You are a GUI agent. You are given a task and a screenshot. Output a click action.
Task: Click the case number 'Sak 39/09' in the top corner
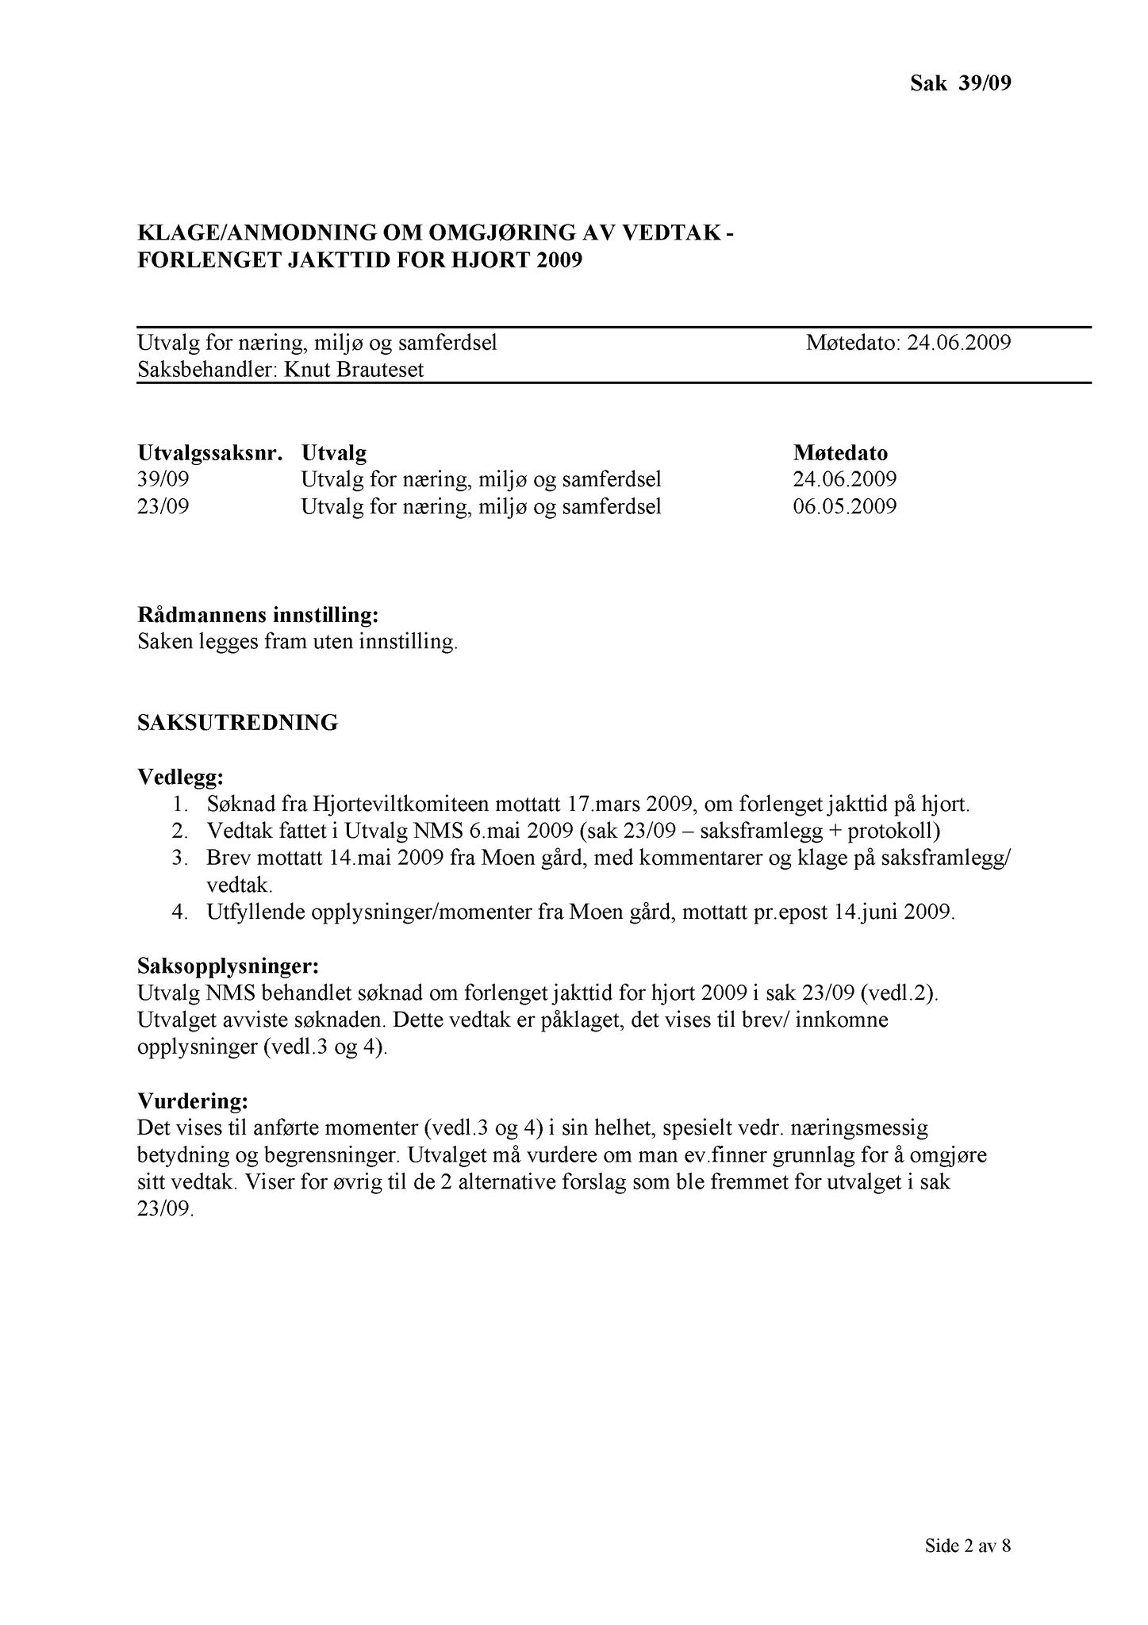pos(960,83)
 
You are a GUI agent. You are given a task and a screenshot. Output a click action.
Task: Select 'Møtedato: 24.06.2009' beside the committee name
pos(908,343)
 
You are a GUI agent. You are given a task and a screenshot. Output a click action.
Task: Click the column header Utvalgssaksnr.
pos(210,454)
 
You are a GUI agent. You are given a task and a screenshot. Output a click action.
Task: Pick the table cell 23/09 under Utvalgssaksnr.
pos(163,506)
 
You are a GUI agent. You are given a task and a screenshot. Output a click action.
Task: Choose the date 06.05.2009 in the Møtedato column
pos(845,506)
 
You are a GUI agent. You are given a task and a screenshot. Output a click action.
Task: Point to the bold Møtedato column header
pos(840,454)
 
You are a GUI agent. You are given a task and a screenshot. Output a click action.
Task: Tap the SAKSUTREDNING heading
pos(238,723)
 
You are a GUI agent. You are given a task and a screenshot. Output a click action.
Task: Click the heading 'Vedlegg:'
pos(180,776)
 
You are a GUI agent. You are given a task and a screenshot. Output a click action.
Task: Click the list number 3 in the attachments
pos(179,859)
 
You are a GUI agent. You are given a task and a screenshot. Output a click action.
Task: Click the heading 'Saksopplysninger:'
pos(228,966)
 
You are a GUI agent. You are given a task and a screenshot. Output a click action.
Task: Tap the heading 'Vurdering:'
pos(193,1101)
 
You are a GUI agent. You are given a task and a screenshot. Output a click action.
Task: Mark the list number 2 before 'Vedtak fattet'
pos(179,832)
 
